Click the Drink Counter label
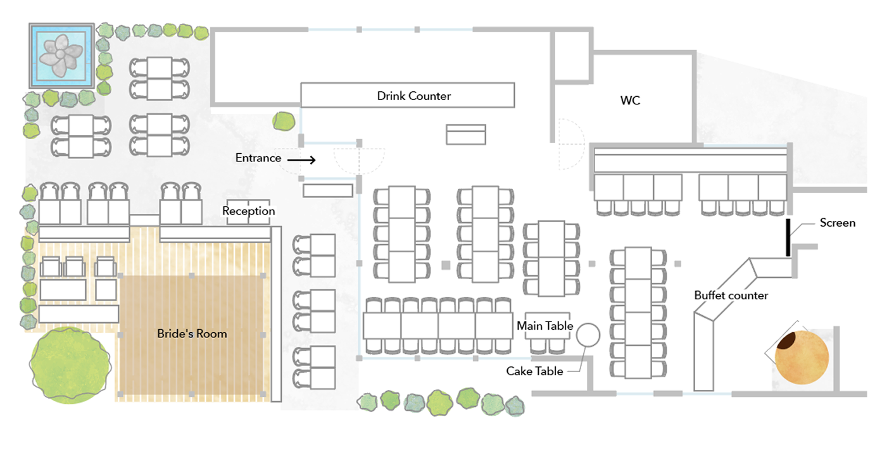coord(413,96)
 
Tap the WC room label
coord(630,101)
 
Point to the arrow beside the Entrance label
coord(301,159)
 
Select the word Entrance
coord(258,158)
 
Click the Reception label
coord(248,211)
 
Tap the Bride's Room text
coord(192,334)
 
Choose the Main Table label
coord(545,326)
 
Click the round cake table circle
coord(588,335)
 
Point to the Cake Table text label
coord(534,371)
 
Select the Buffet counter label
coord(731,296)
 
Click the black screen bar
coord(788,237)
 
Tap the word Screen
coord(838,223)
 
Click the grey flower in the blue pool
coord(61,54)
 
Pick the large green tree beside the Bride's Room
coord(70,365)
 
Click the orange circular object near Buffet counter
coord(802,358)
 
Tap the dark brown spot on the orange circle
coord(787,341)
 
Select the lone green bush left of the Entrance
coord(284,121)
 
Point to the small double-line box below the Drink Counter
coord(465,134)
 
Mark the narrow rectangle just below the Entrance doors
coord(328,191)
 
